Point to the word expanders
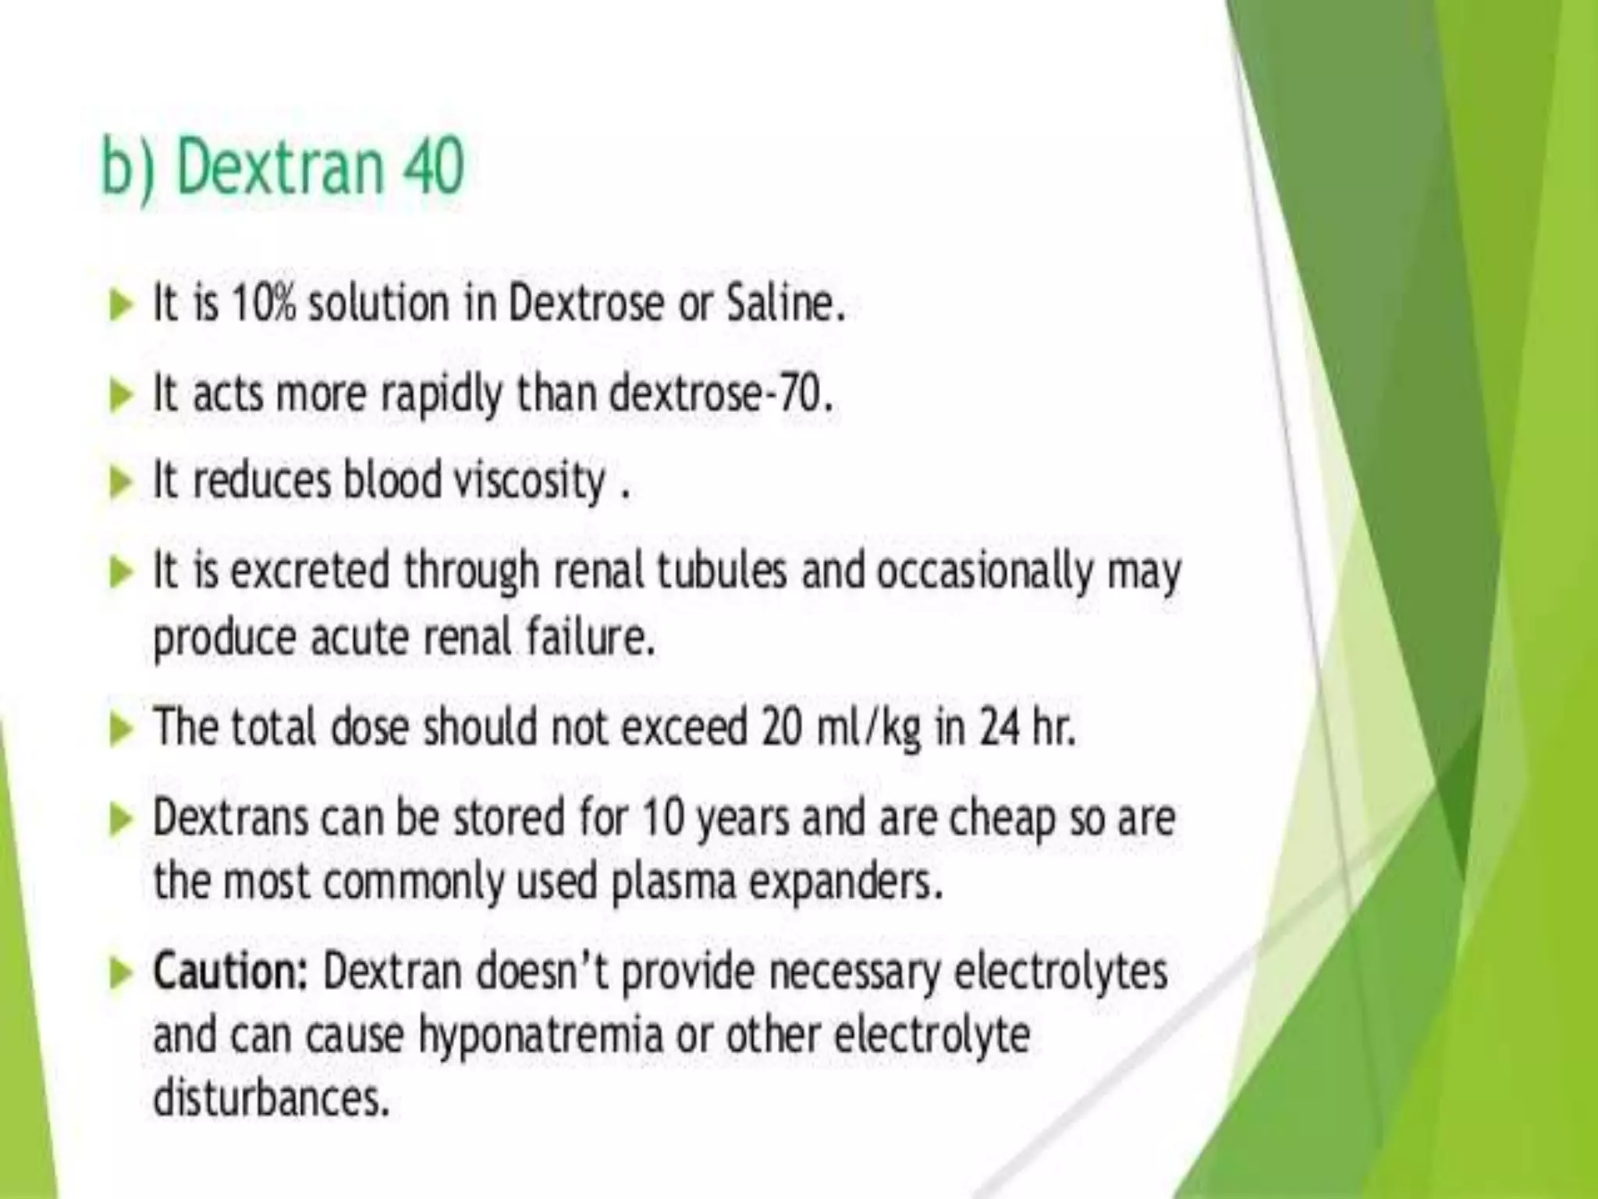[846, 883]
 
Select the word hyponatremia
[542, 1036]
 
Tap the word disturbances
[270, 1098]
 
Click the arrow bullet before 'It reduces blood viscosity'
[121, 483]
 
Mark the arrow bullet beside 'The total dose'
[121, 730]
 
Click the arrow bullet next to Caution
[121, 974]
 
